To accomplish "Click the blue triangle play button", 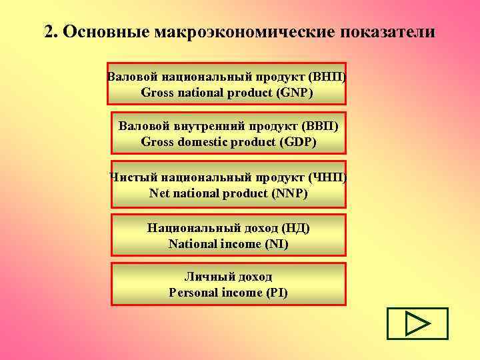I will [417, 324].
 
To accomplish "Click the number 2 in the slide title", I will [49, 32].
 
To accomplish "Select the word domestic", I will [200, 142].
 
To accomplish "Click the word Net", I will [160, 194].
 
